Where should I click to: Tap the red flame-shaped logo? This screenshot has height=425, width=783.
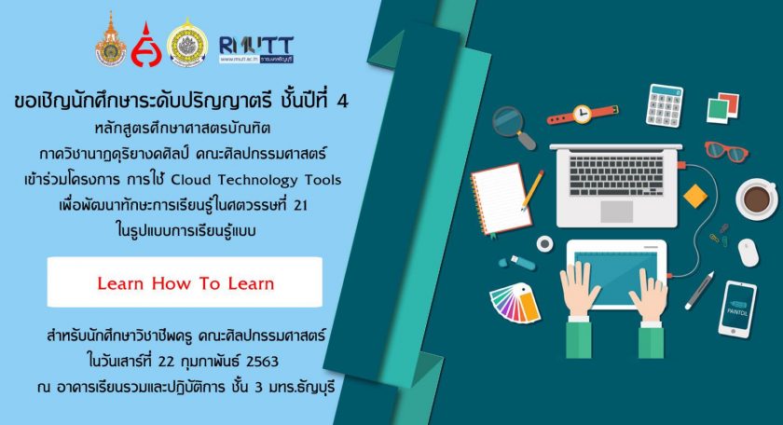coord(146,46)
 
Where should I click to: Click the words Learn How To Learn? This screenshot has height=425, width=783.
coord(185,283)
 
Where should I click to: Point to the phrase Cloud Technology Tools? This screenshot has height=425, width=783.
coord(256,180)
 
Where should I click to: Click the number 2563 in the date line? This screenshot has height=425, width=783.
coord(262,361)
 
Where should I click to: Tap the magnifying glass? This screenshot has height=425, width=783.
coord(514,128)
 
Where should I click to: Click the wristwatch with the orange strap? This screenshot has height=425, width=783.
coord(583,115)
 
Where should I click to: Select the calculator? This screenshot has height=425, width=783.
coord(664,106)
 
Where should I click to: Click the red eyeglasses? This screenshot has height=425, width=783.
coord(726,151)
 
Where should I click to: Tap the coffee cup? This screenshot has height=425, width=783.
coord(757,199)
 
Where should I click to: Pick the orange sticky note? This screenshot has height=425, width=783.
coord(695,196)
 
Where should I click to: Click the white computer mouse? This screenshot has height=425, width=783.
coord(748,253)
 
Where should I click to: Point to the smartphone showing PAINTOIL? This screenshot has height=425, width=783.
coord(737,309)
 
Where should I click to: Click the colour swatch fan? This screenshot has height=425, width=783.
coord(515,303)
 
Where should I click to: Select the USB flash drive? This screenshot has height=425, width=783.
coord(517,262)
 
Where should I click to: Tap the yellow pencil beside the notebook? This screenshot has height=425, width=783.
coord(532,190)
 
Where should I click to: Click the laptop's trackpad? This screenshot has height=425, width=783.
coord(617,212)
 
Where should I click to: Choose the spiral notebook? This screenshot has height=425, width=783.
coord(501,199)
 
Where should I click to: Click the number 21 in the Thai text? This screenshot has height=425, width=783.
coord(300,205)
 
